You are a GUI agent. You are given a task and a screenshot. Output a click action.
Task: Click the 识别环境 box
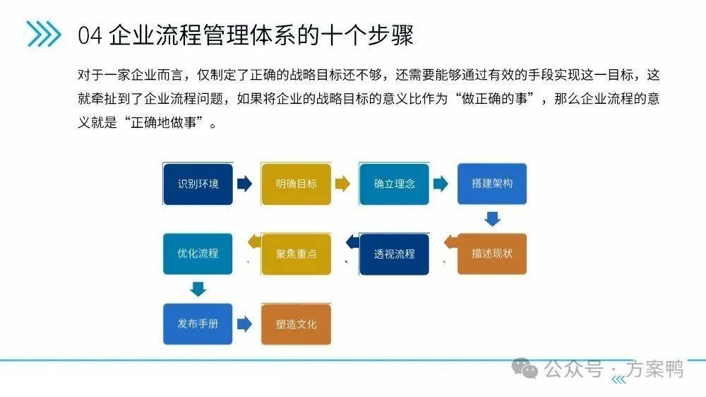[x=198, y=184]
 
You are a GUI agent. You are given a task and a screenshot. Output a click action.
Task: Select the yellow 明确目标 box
[x=297, y=184]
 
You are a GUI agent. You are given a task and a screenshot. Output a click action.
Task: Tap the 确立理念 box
[x=394, y=184]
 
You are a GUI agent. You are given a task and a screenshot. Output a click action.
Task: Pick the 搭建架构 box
[x=492, y=184]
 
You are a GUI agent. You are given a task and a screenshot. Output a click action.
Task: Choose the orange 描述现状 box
[x=492, y=254]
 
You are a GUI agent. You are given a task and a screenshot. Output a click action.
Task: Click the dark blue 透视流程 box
[x=394, y=254]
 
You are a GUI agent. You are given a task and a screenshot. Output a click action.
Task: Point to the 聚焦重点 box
[x=297, y=254]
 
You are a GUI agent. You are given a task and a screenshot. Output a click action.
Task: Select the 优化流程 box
[x=198, y=254]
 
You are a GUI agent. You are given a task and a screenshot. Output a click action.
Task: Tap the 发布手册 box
[x=198, y=324]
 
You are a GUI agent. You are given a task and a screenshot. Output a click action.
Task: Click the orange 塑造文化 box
[x=297, y=324]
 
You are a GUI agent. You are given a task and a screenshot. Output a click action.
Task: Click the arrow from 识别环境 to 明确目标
[x=244, y=184]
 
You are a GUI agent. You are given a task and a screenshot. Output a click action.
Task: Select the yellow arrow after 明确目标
[x=342, y=184]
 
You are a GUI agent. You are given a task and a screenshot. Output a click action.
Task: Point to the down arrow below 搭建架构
[x=492, y=219]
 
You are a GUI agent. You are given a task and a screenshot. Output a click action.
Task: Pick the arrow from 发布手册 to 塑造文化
[x=244, y=324]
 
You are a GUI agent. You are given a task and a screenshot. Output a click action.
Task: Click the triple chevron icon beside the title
[x=43, y=34]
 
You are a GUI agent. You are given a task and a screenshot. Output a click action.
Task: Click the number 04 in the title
[x=90, y=35]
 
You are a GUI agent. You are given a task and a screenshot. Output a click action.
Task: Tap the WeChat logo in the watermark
[x=525, y=368]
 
